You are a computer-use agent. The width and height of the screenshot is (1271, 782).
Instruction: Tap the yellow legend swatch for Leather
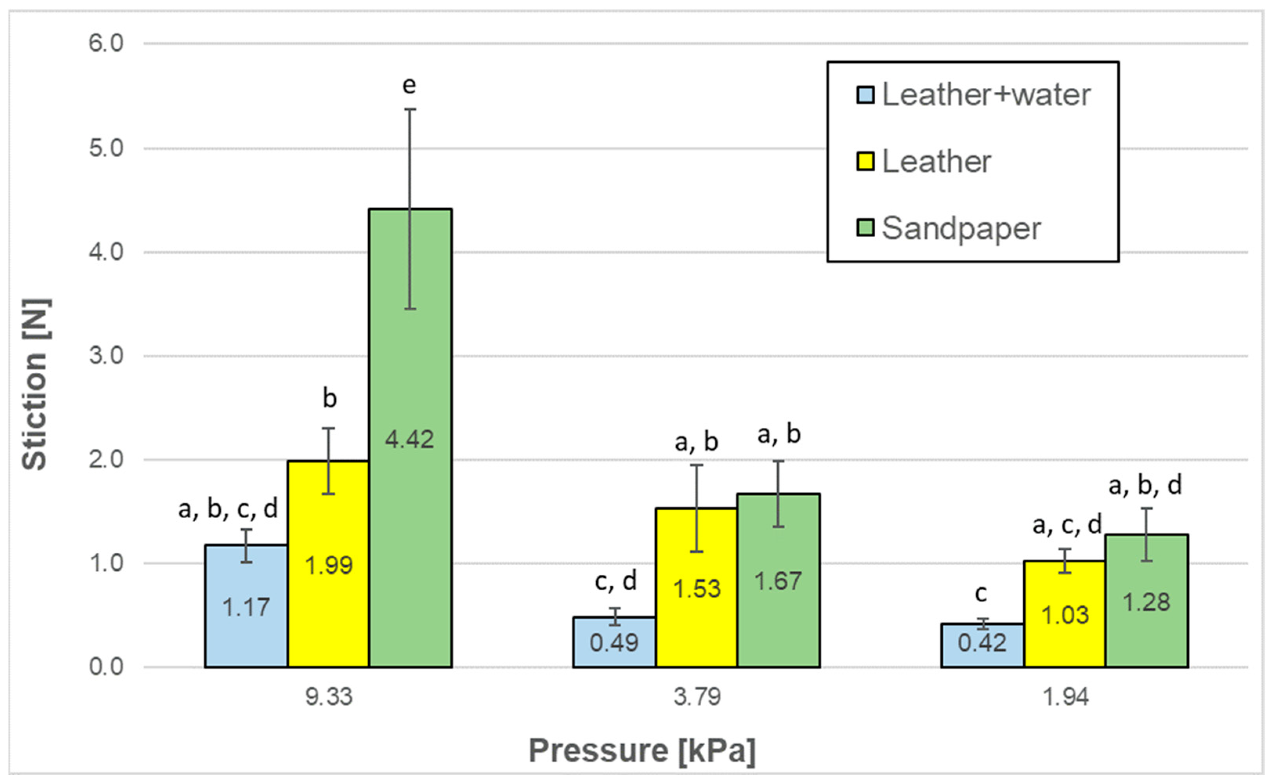(x=865, y=161)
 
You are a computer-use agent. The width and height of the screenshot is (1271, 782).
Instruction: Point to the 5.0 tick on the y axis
(x=106, y=149)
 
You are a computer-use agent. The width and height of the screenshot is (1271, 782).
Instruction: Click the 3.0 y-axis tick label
(x=106, y=356)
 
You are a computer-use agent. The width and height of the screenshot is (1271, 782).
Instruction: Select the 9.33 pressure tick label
(x=329, y=697)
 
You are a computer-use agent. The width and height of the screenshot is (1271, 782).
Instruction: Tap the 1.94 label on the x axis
(x=1065, y=697)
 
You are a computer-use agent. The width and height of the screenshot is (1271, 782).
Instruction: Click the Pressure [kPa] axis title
(x=641, y=751)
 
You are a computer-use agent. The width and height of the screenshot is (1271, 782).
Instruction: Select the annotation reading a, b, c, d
(x=228, y=509)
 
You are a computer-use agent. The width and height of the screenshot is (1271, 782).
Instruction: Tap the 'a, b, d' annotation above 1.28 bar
(x=1145, y=485)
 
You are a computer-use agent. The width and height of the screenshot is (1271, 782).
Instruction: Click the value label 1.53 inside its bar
(x=696, y=589)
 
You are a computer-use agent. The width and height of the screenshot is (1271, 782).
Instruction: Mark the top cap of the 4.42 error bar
(x=410, y=109)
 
